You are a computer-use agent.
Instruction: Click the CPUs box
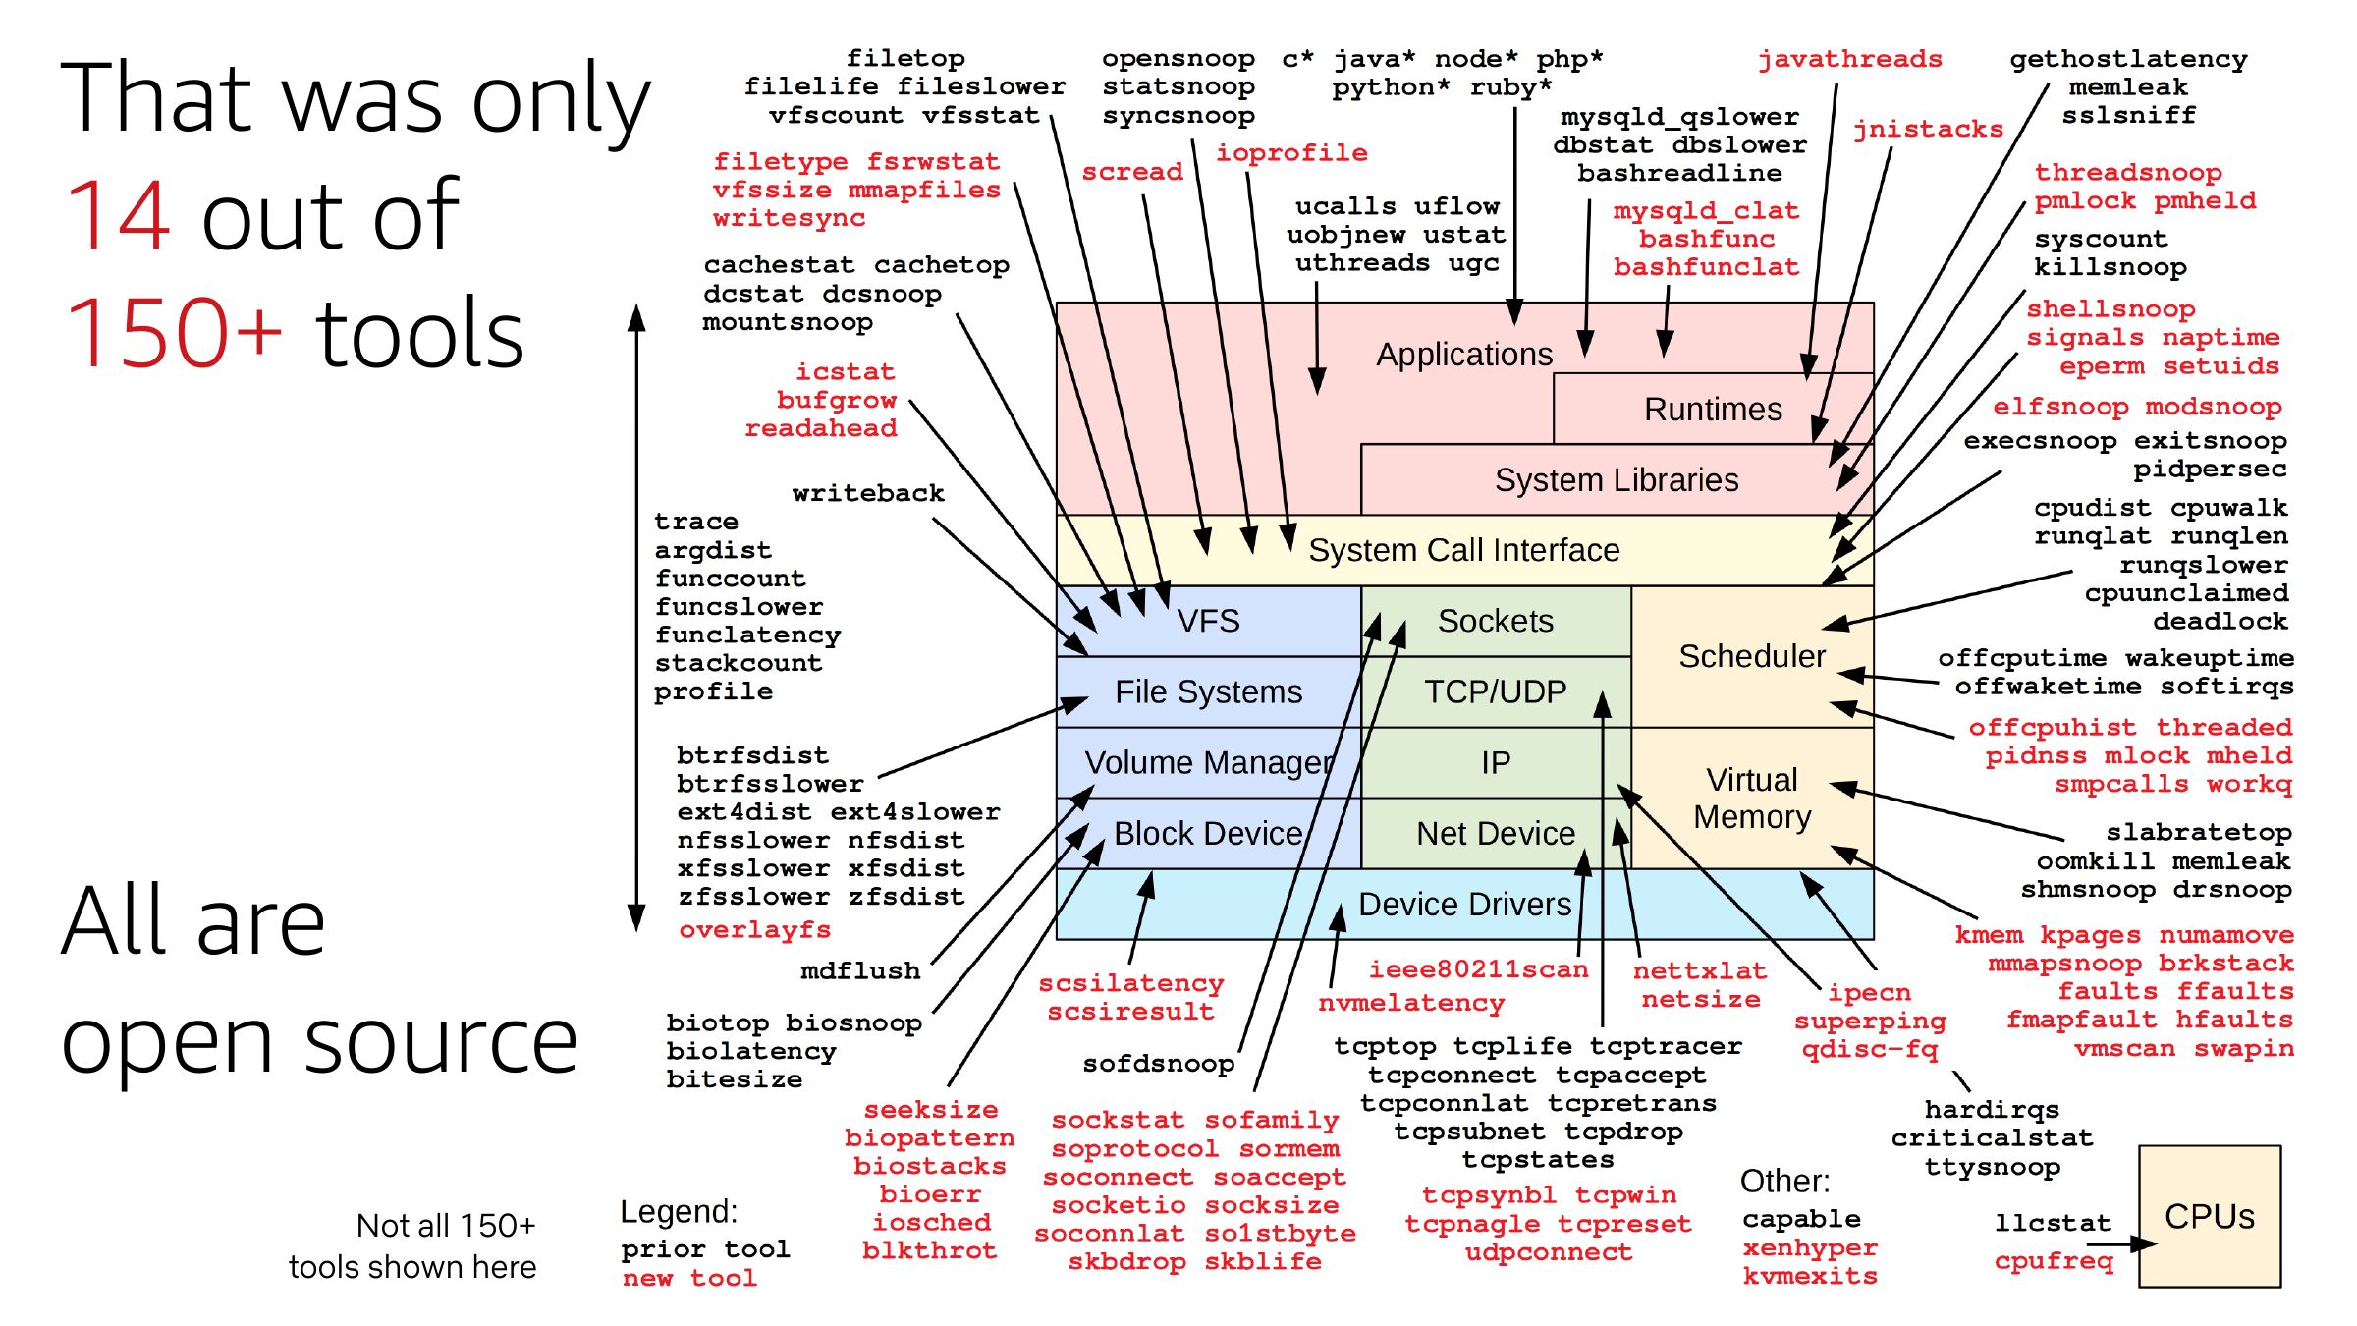[2209, 1216]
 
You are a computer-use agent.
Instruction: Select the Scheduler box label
[1751, 656]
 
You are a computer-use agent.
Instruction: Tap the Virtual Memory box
[1751, 798]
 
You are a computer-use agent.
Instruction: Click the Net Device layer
[1495, 834]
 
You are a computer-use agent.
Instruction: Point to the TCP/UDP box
[1495, 691]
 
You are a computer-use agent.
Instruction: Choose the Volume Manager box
[1208, 762]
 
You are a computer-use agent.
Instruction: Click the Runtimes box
[1713, 409]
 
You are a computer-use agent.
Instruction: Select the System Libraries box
[1617, 479]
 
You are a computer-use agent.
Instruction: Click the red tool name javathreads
[1849, 60]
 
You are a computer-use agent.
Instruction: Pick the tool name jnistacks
[1927, 130]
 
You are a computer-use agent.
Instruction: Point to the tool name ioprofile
[1291, 153]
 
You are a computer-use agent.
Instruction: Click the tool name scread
[1132, 172]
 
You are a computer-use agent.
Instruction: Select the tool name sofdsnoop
[1158, 1064]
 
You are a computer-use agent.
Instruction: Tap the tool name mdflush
[860, 971]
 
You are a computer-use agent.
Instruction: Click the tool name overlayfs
[754, 929]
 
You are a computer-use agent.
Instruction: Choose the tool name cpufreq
[2053, 1261]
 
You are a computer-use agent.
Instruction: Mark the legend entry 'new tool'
[689, 1278]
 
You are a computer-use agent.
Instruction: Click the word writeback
[868, 493]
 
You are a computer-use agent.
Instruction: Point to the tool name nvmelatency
[1410, 1003]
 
